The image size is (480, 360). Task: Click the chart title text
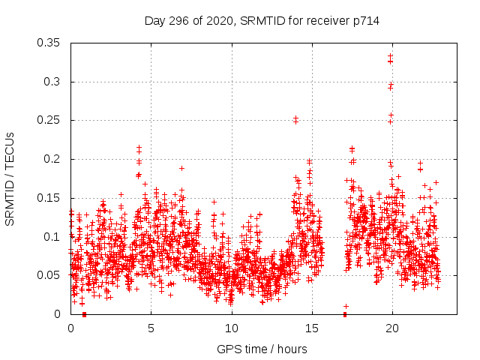tap(262, 21)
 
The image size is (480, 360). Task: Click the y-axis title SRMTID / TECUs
tap(10, 178)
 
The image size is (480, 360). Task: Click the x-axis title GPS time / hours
tap(262, 349)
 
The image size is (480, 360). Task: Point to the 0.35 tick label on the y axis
tap(49, 43)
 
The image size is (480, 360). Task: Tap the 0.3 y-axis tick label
tap(52, 82)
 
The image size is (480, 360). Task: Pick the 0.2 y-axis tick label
tap(52, 159)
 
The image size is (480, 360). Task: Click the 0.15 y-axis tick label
tap(49, 198)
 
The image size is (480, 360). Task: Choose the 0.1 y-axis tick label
tap(52, 237)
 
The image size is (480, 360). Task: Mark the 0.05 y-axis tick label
tap(49, 275)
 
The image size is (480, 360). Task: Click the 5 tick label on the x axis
tap(151, 328)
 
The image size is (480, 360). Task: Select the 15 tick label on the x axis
tap(311, 328)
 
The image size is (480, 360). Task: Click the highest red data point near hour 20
tap(390, 55)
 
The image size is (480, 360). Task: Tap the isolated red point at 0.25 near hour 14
tap(295, 118)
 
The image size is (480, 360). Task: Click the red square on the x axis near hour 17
tap(345, 314)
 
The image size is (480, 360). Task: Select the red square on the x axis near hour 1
tap(84, 314)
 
